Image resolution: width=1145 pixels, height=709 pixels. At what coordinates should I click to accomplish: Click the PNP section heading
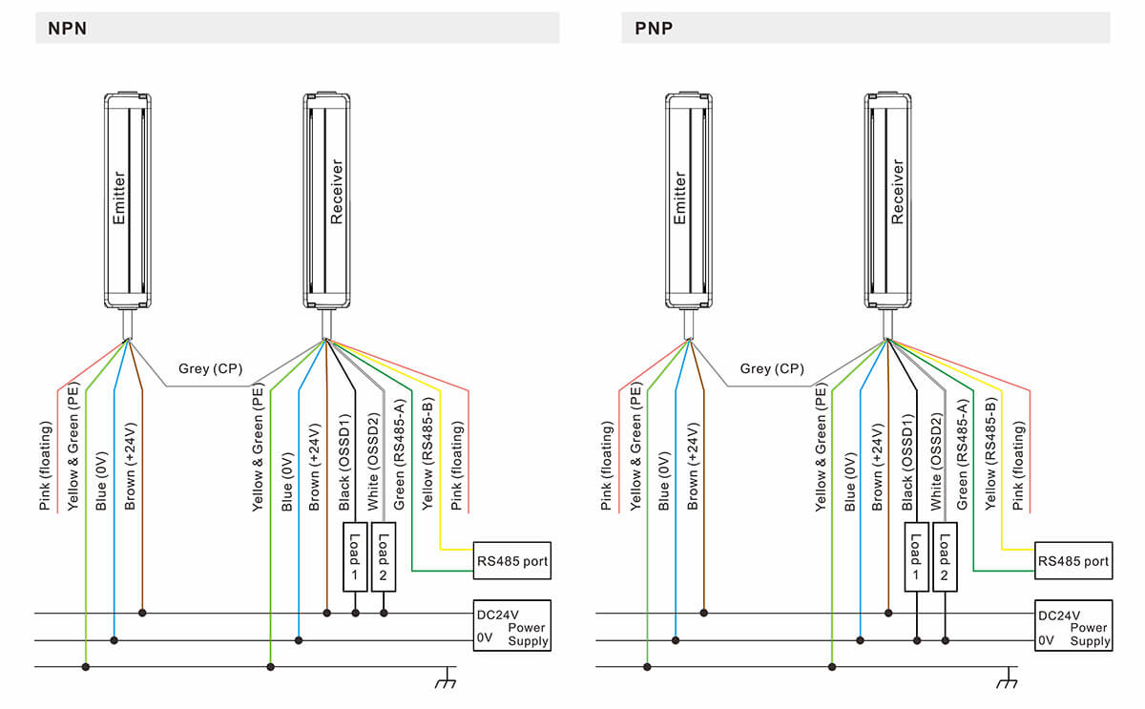[x=654, y=29]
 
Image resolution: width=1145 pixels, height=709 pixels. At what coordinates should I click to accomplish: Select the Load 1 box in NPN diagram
[x=354, y=556]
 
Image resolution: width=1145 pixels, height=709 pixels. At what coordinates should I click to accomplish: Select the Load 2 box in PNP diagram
[x=945, y=556]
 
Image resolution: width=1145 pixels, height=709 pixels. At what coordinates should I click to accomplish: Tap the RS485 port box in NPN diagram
[x=512, y=561]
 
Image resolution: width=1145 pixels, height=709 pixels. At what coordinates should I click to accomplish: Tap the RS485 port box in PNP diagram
[x=1074, y=561]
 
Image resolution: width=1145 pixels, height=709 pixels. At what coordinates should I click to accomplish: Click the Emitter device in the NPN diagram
[x=127, y=200]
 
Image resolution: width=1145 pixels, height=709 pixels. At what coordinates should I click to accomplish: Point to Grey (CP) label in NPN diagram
[x=210, y=368]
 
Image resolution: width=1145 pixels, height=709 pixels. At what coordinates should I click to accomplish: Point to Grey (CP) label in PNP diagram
[x=771, y=368]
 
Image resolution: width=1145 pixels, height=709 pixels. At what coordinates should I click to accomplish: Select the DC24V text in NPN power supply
[x=498, y=615]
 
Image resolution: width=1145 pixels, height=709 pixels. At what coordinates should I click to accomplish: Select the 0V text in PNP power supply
[x=1047, y=640]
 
